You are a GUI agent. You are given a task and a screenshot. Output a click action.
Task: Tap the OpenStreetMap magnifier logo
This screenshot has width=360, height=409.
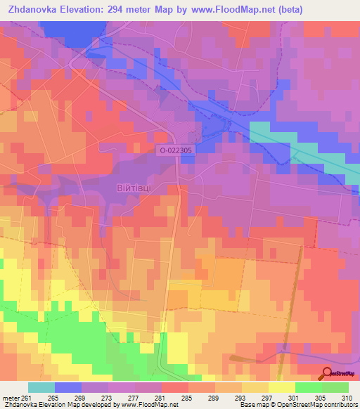pos(327,374)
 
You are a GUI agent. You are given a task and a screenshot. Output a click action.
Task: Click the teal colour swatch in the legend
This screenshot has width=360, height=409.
pos(41,388)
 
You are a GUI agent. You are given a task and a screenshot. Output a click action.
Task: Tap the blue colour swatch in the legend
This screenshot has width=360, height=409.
pos(68,388)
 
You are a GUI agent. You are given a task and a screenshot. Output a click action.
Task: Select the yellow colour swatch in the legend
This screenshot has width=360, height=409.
pos(282,388)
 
